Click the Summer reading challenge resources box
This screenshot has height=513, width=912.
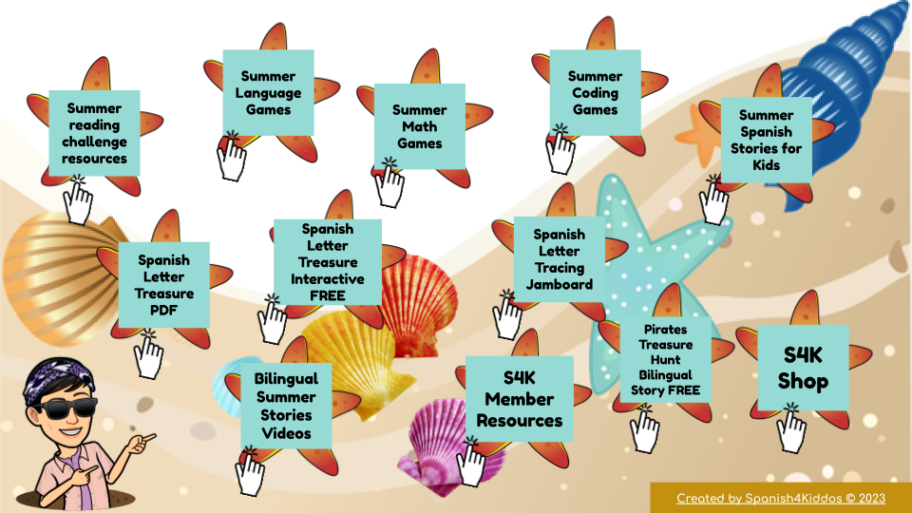tap(94, 133)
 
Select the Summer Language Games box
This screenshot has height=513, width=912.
tap(268, 92)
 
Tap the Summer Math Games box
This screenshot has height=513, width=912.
tap(419, 126)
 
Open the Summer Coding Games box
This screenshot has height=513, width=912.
tap(595, 92)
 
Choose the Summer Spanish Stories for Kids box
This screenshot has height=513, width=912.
tap(766, 140)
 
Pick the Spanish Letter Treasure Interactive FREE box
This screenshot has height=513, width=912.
tap(327, 261)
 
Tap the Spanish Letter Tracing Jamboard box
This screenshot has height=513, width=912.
tap(559, 258)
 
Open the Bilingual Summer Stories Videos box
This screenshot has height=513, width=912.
tap(285, 406)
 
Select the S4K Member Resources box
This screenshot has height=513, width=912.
tap(519, 399)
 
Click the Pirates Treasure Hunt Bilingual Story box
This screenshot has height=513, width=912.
tap(665, 359)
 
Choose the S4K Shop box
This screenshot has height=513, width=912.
tap(803, 368)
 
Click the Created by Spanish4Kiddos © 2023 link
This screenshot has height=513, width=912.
tap(781, 499)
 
